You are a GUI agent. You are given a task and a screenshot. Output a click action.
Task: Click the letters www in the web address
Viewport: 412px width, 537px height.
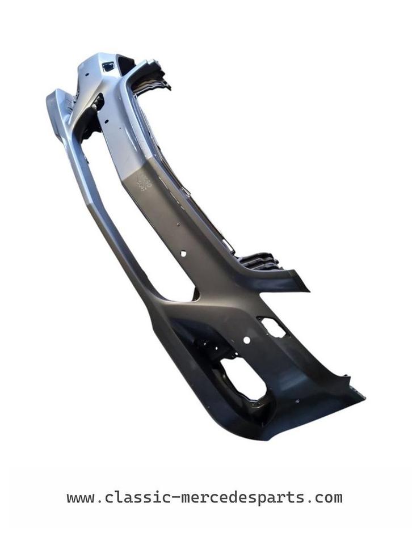point(81,498)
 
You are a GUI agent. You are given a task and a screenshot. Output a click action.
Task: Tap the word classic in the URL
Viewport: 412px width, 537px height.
point(137,497)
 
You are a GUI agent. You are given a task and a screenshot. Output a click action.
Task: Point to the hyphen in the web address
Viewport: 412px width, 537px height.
point(175,497)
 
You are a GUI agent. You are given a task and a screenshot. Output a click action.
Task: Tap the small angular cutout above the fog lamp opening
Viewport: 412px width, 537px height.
point(272,327)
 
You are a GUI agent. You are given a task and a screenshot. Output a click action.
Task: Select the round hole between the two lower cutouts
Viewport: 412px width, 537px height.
point(246,340)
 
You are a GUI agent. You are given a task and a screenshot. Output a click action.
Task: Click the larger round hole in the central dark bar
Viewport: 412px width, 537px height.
point(183,254)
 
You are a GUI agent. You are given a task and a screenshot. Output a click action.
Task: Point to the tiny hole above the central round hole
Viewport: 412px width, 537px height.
point(179,225)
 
